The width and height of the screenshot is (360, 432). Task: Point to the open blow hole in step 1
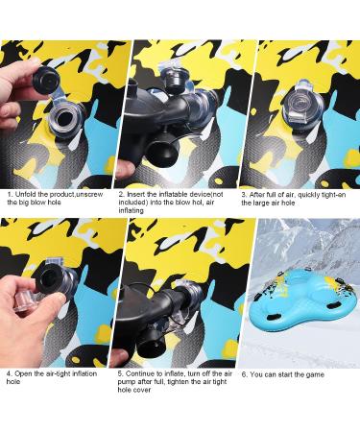[65, 121]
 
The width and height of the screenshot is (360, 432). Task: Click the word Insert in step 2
[136, 194]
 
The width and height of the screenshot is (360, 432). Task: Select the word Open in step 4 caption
[22, 373]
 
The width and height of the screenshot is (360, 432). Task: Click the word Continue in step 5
[139, 373]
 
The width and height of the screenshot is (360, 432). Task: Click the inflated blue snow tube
[299, 302]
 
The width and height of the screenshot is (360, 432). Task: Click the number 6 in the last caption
[244, 374]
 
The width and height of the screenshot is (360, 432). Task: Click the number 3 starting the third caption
[244, 195]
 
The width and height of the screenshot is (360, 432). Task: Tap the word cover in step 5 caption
[142, 390]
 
